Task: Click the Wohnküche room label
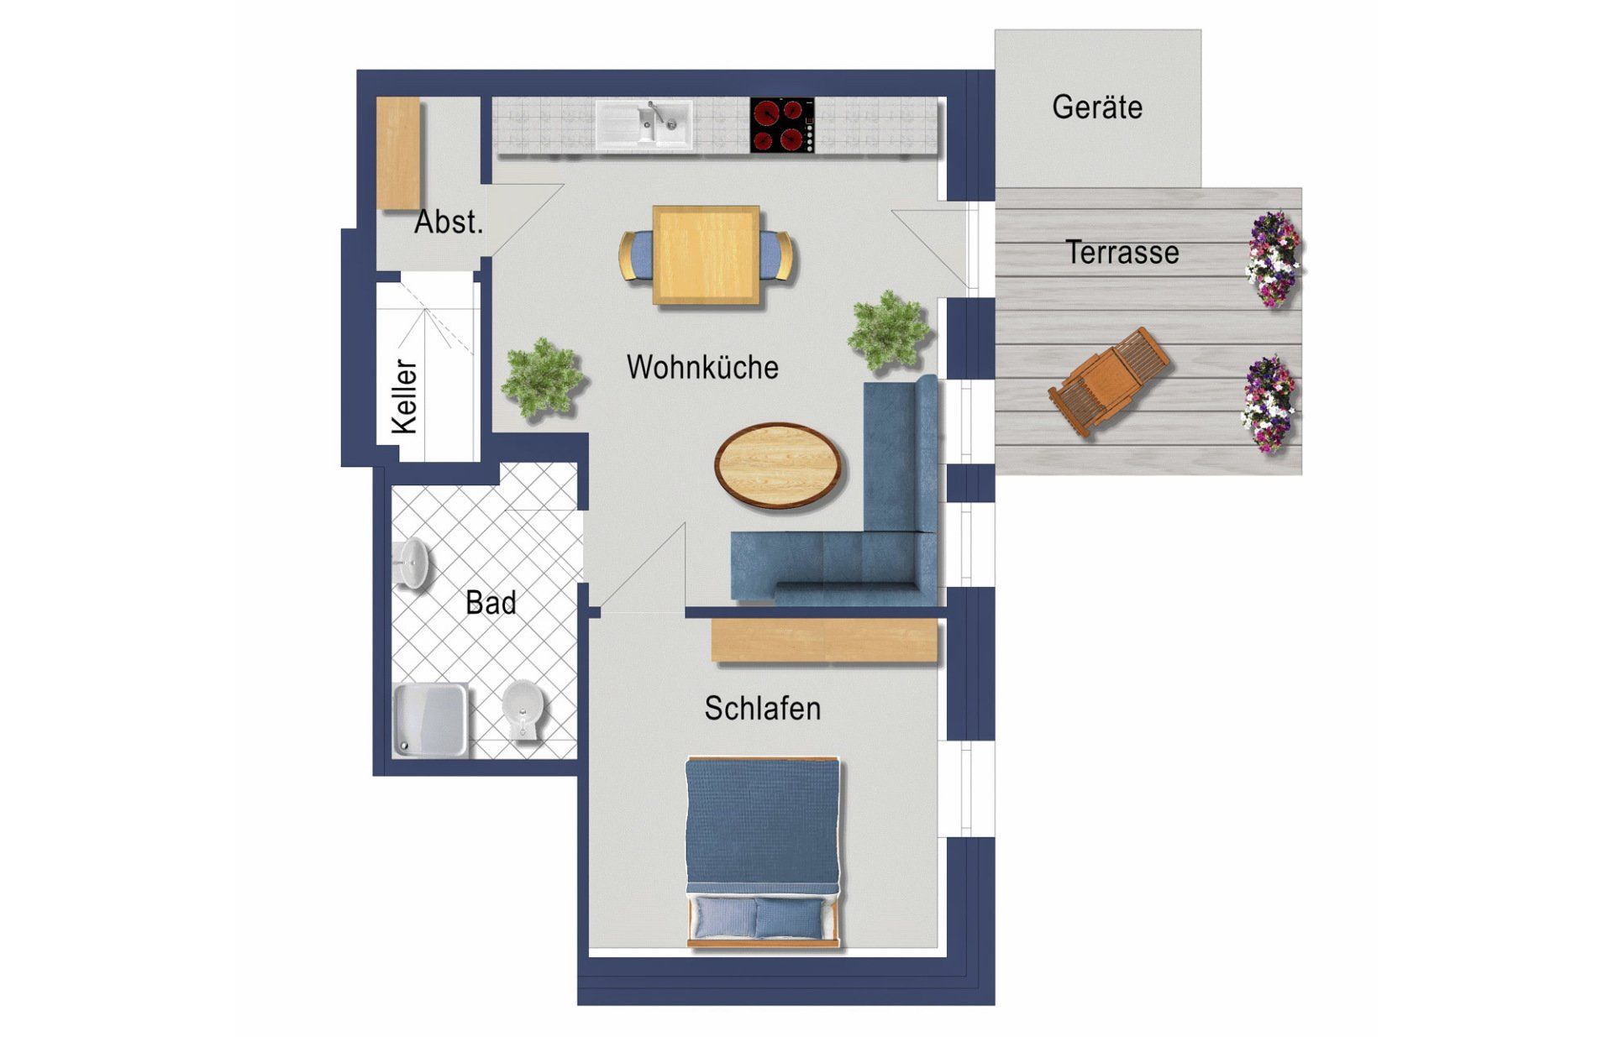[702, 368]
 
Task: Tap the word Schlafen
[762, 709]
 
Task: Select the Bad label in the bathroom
[491, 603]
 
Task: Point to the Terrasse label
[1122, 253]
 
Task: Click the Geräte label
[1097, 107]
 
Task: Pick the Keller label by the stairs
[405, 397]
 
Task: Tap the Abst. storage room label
[449, 223]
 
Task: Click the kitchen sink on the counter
[644, 126]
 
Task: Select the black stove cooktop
[782, 125]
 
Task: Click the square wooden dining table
[706, 255]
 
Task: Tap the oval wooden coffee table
[779, 465]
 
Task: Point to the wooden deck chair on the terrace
[1109, 381]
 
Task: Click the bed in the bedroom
[763, 853]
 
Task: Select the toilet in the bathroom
[524, 710]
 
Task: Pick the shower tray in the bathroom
[430, 720]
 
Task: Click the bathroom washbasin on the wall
[412, 563]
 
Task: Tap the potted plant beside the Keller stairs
[542, 379]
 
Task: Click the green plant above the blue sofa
[889, 331]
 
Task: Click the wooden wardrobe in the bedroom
[824, 641]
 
